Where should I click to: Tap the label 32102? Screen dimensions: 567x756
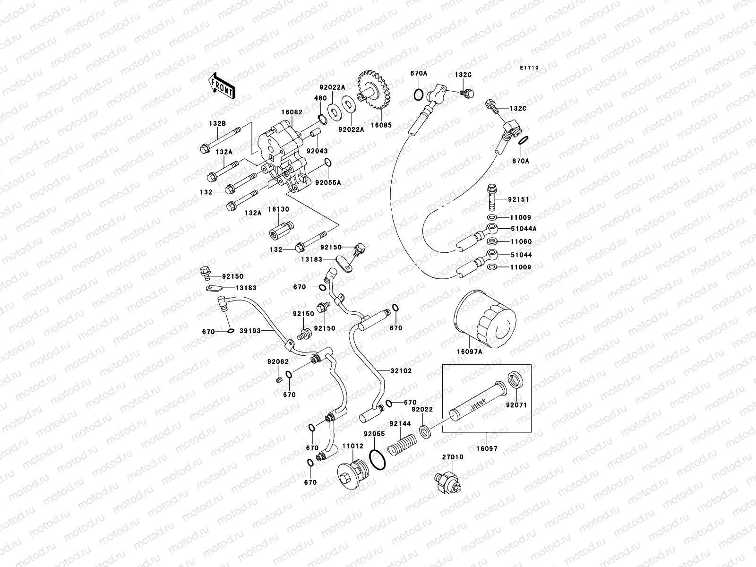click(x=401, y=371)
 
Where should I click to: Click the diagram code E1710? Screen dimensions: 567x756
click(x=529, y=68)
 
